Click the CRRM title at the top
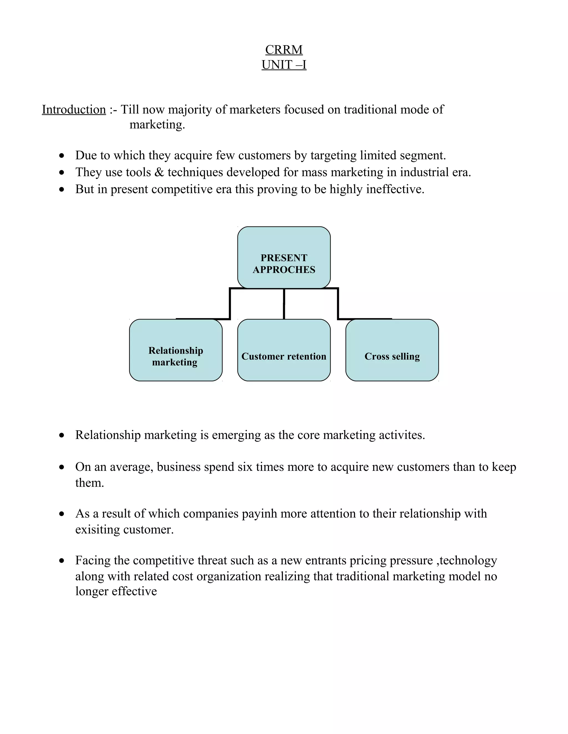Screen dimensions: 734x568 tap(284, 50)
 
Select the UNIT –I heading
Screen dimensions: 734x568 tap(284, 65)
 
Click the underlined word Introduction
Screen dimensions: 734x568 tap(74, 110)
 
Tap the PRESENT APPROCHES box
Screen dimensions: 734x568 tap(284, 257)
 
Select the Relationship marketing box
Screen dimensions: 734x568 tap(176, 350)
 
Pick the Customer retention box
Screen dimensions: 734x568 tap(284, 350)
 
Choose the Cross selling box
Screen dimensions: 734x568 tap(392, 350)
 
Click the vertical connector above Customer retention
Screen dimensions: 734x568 tap(284, 304)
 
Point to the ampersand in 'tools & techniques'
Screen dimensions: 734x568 tap(159, 172)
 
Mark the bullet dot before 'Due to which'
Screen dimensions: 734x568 tap(61, 156)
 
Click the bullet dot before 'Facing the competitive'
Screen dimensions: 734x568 tap(61, 561)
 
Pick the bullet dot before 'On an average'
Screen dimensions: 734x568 tap(61, 468)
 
